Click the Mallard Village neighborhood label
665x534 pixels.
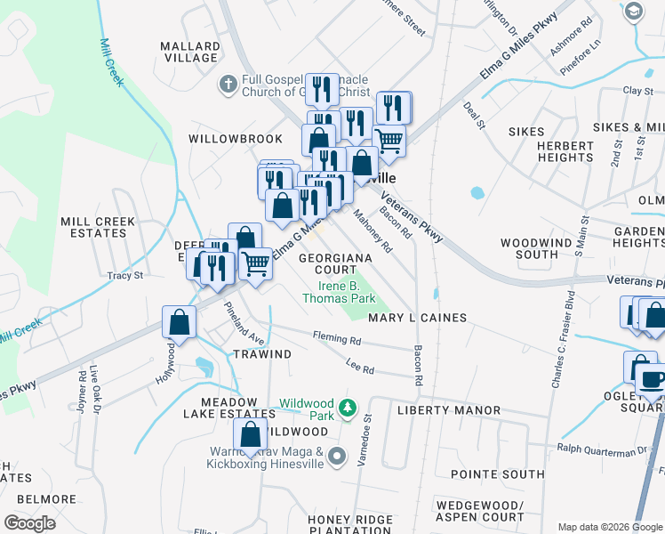tap(189, 52)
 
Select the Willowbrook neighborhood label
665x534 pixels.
tap(235, 139)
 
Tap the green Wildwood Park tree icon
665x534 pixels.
tap(349, 409)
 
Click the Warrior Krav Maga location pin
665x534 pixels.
tap(336, 457)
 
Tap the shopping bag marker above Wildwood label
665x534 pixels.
tap(251, 436)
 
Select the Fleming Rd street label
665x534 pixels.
tap(336, 339)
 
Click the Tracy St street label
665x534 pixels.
tap(124, 276)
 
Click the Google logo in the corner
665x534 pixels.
tap(28, 523)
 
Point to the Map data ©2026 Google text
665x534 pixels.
tap(609, 527)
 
